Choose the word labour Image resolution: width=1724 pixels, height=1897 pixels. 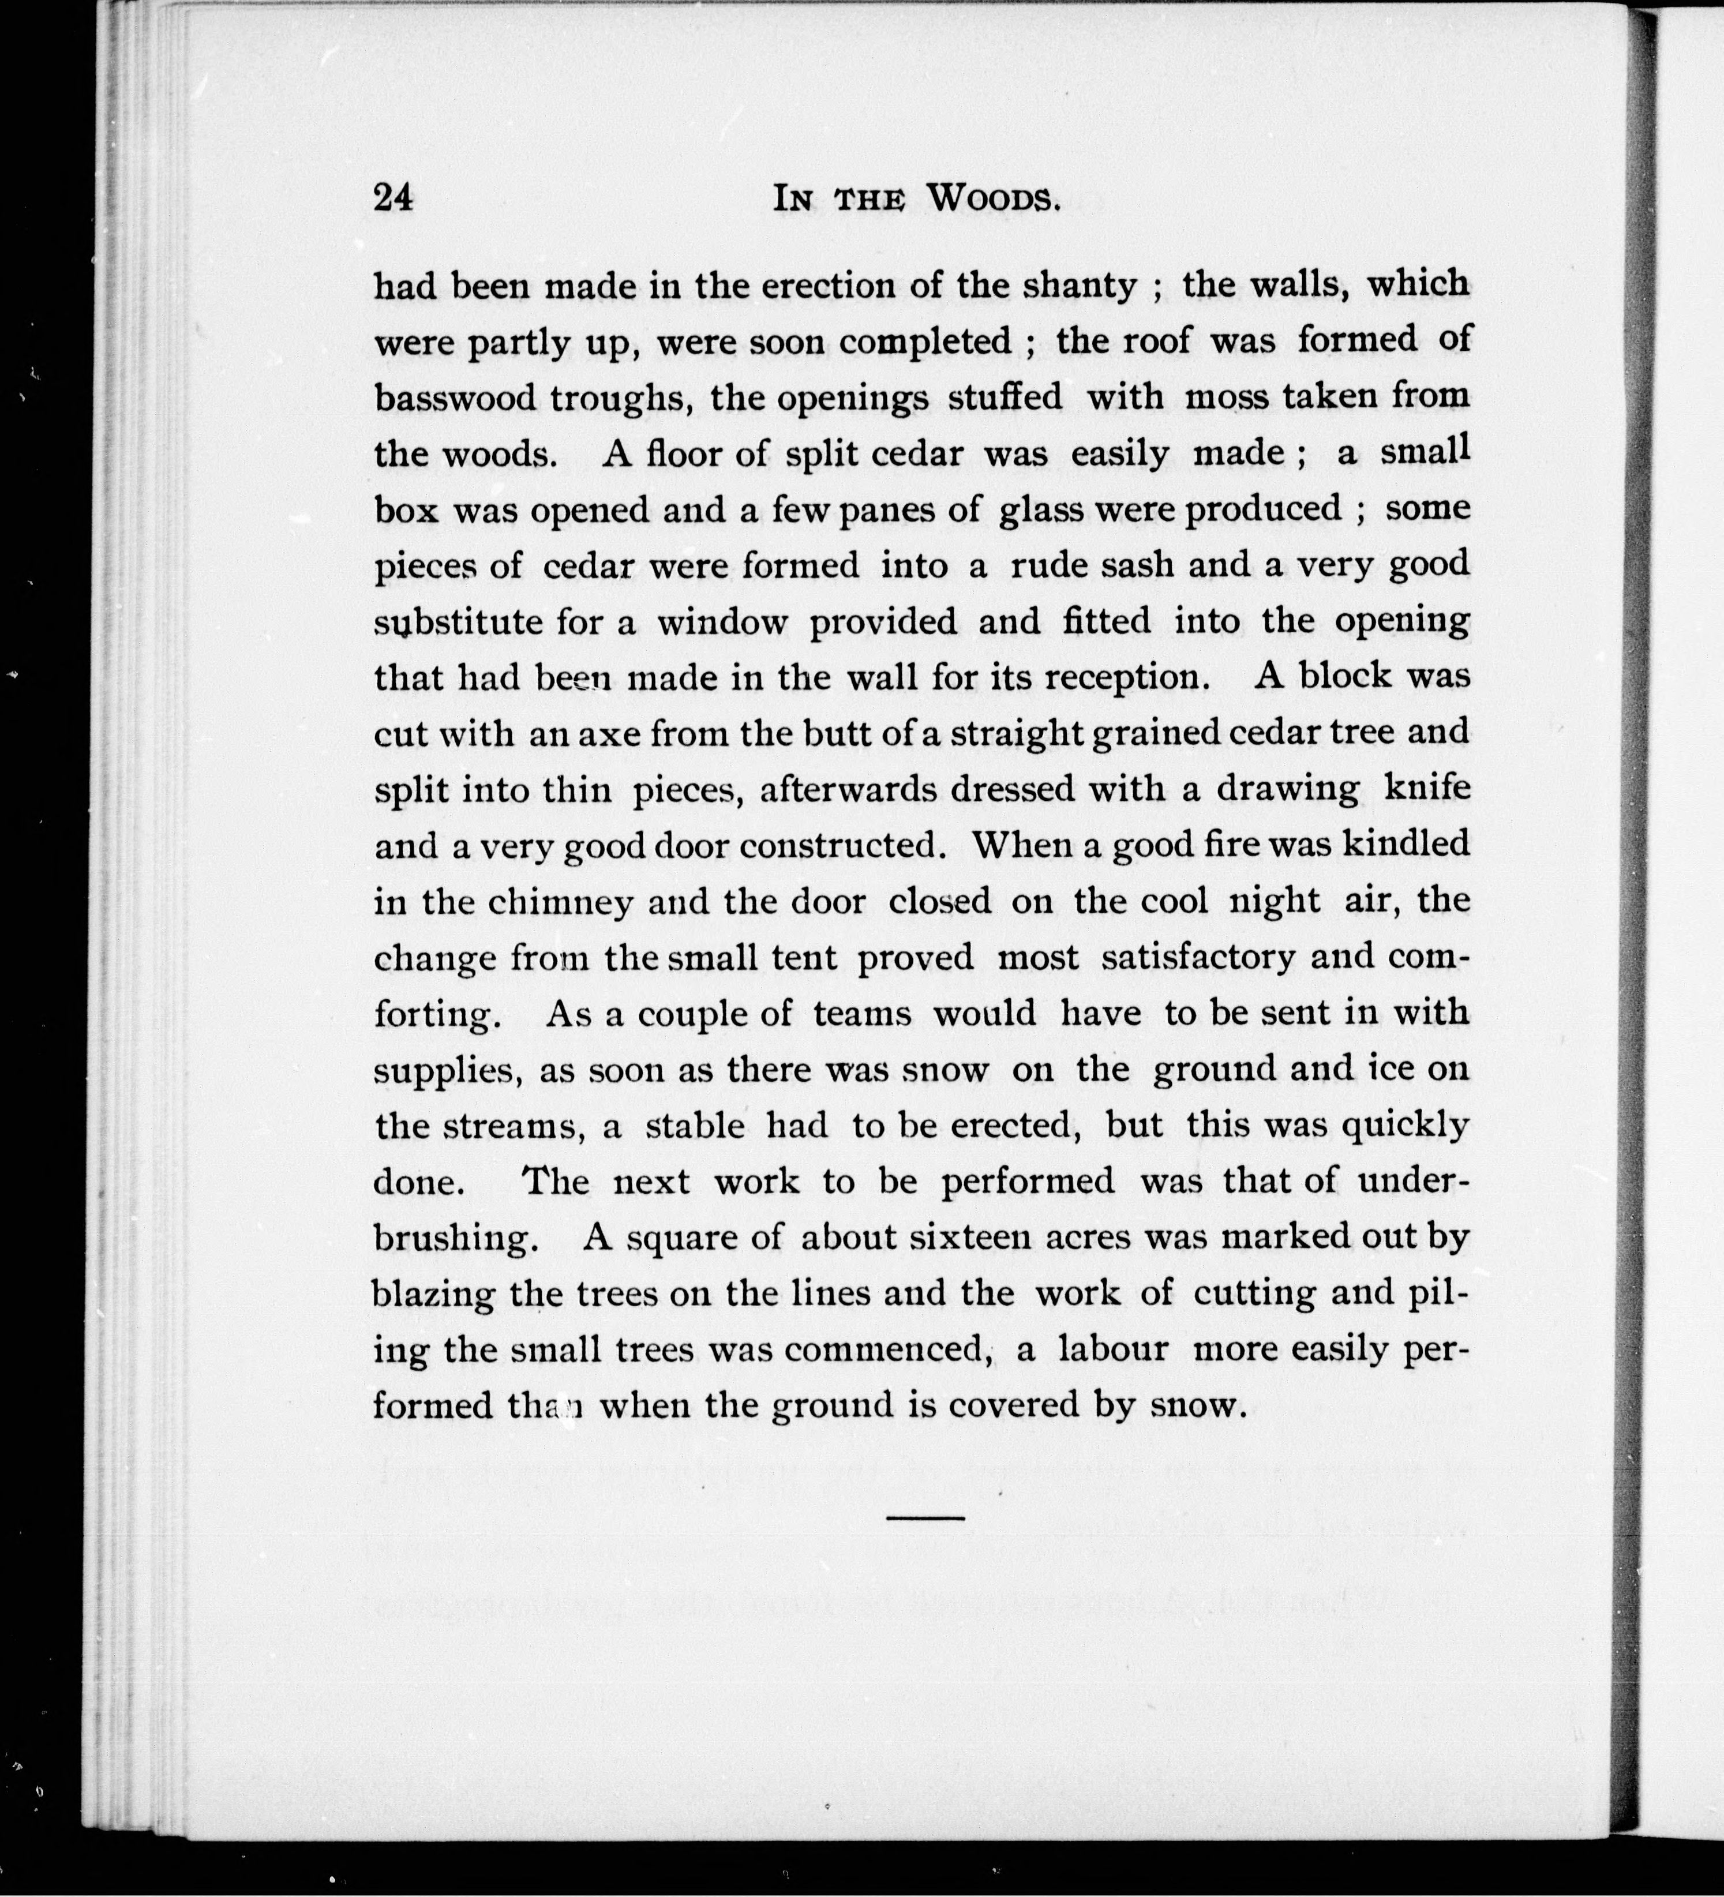[1113, 1350]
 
